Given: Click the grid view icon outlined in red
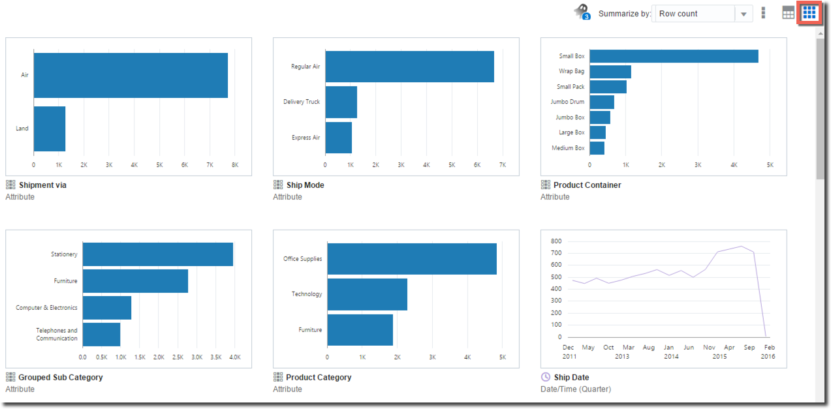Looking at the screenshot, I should point(809,13).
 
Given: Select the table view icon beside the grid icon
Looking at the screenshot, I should point(789,13).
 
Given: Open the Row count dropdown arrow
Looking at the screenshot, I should point(744,14).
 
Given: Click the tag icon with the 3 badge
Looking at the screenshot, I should point(581,12).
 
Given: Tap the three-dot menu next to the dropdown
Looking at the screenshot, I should point(763,13).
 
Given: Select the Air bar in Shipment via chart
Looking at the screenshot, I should point(131,75).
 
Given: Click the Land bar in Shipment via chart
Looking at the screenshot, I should point(50,129).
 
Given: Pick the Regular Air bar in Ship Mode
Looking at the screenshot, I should point(409,67).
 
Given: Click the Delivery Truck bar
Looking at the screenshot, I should point(341,102).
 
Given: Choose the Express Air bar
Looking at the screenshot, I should point(338,138).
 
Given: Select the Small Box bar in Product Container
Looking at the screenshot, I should point(674,56).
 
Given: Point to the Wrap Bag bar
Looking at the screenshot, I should point(610,71).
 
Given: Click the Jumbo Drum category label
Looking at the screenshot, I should point(567,102).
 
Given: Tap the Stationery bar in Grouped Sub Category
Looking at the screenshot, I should point(157,254).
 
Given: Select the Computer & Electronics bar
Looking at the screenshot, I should point(106,307).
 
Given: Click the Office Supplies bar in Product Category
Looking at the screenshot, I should point(411,259).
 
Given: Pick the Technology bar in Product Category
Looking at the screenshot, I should point(367,294).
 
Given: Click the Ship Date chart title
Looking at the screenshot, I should point(571,377).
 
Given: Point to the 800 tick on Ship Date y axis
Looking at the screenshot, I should point(555,241).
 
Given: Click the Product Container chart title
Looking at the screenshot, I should point(587,185).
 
